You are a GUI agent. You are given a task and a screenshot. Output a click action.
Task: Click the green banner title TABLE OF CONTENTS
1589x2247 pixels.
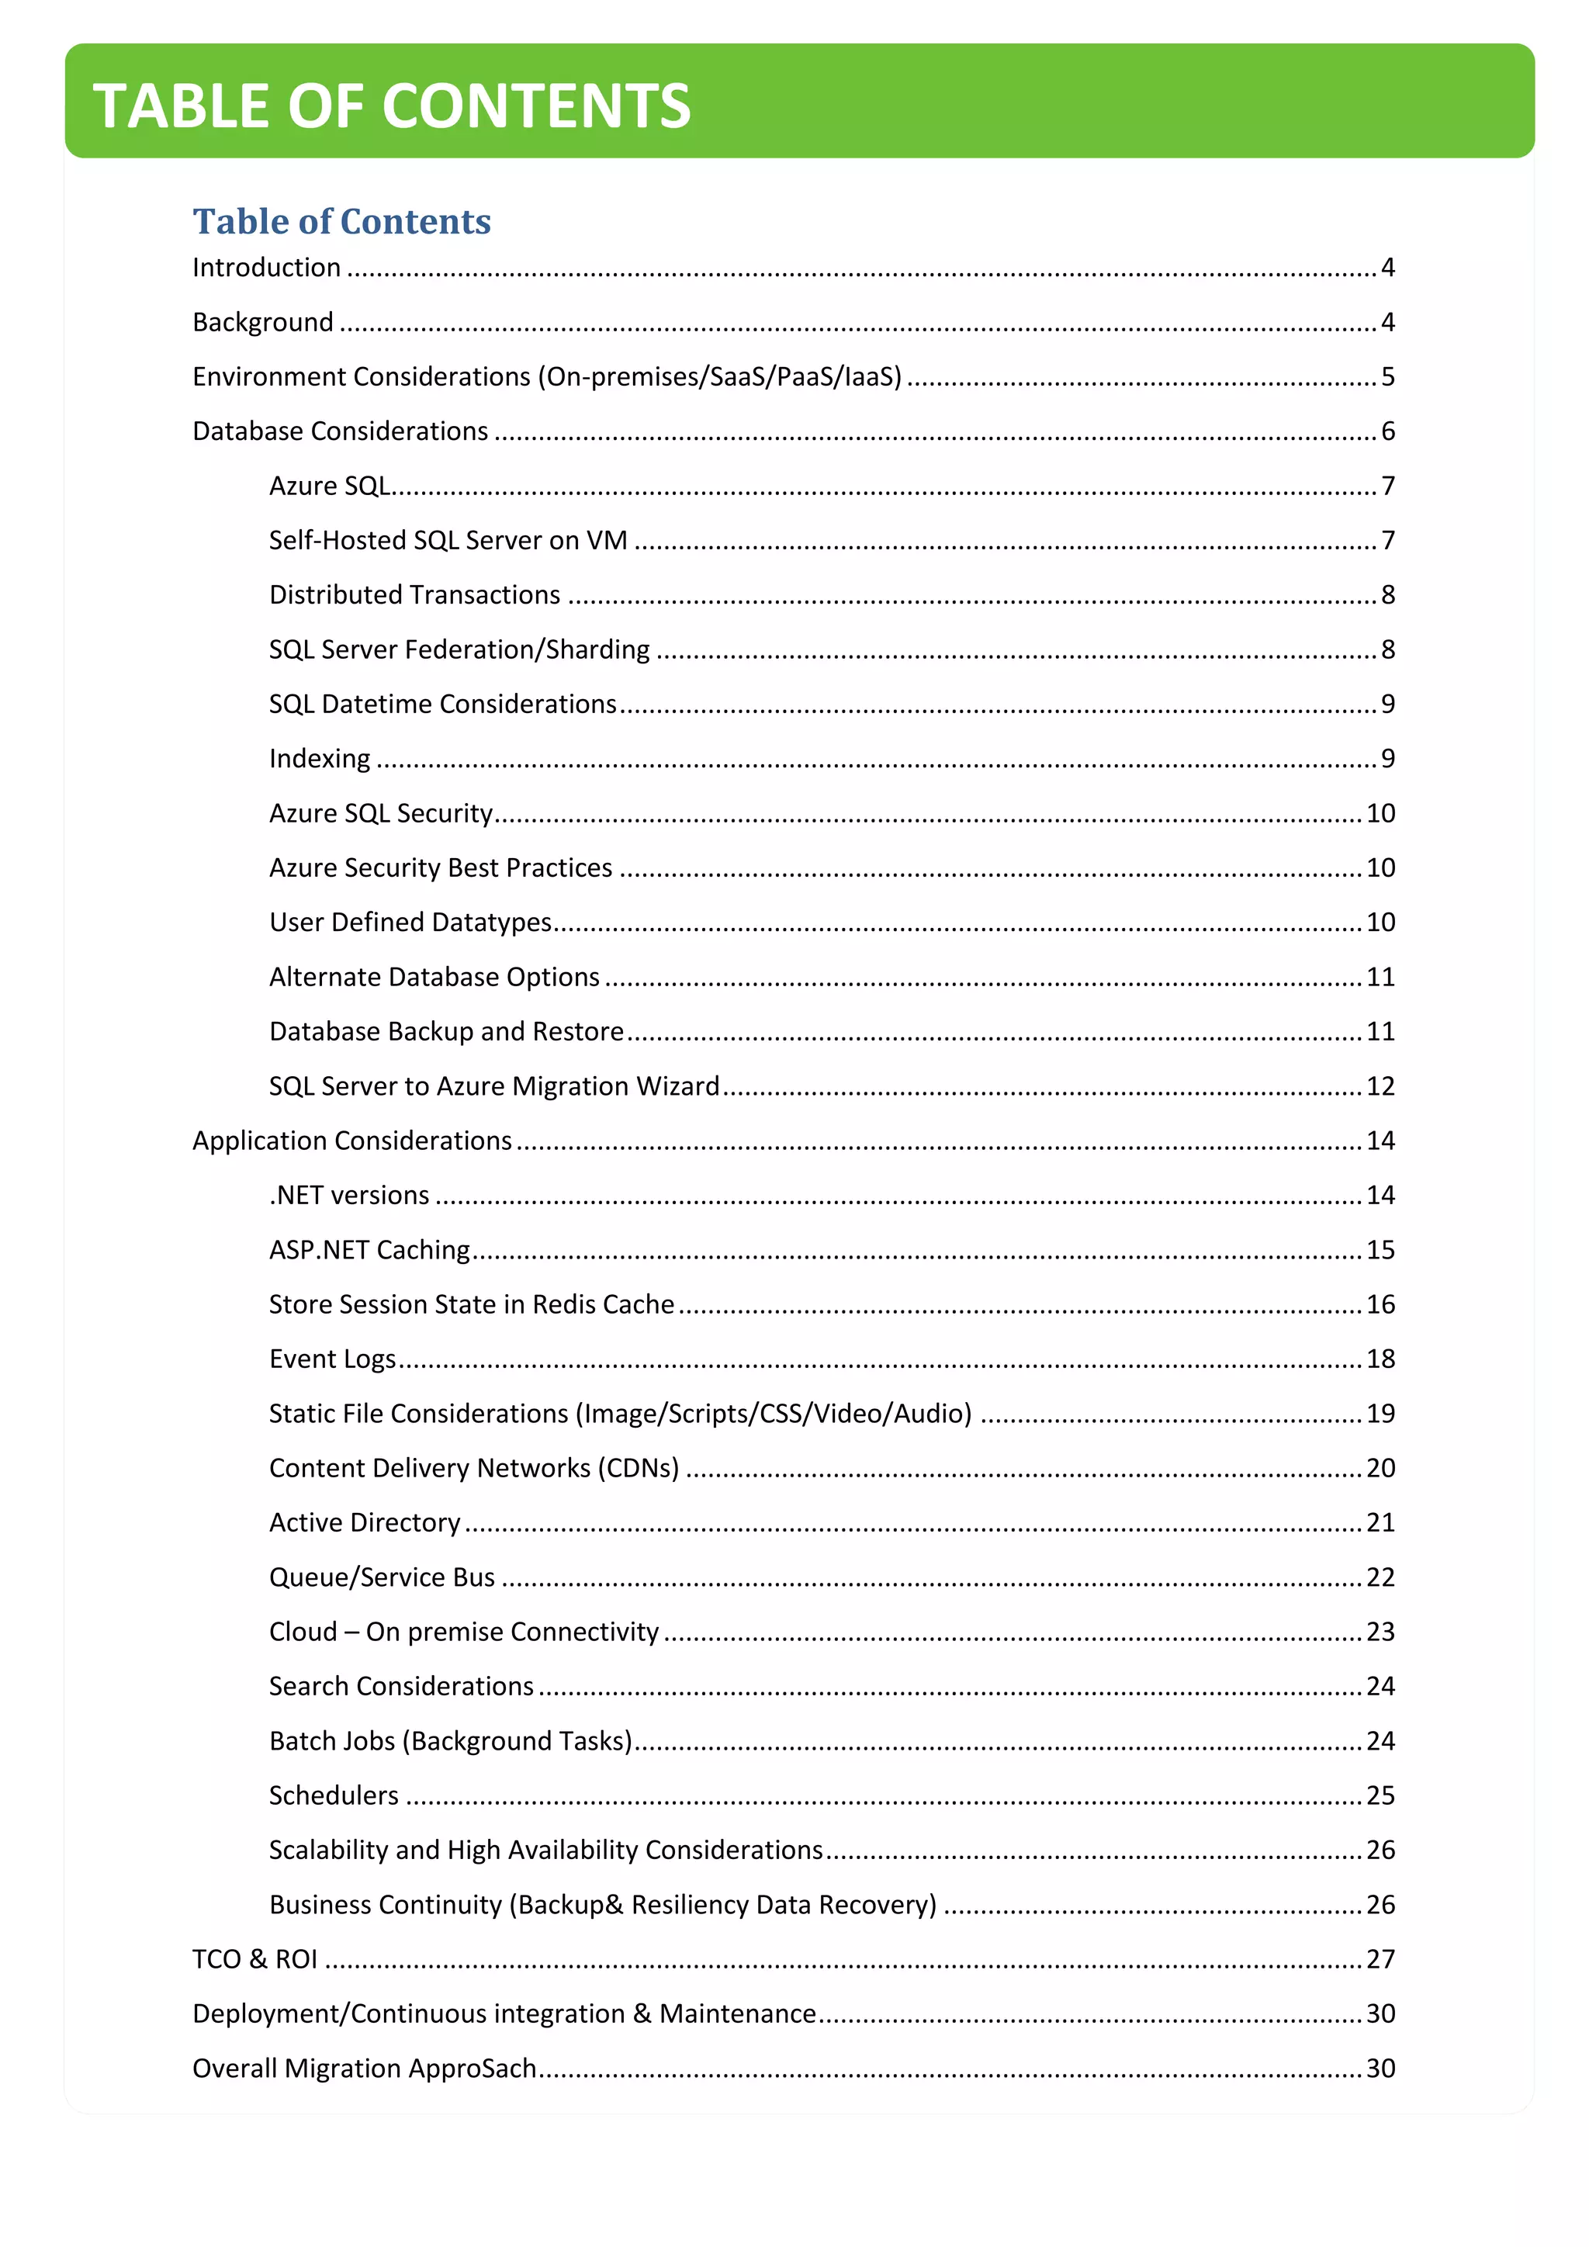[391, 106]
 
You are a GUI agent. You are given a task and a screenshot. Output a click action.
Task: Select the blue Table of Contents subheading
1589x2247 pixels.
[341, 221]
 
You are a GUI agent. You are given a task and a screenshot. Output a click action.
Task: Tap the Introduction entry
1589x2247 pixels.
[266, 267]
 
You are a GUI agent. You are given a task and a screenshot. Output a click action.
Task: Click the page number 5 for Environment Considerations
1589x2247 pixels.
[1387, 377]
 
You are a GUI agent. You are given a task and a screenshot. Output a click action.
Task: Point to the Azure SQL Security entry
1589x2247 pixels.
[381, 813]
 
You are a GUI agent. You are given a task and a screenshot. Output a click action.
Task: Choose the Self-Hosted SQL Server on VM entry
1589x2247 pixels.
[448, 540]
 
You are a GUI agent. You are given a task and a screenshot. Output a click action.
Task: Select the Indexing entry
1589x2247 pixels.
[320, 759]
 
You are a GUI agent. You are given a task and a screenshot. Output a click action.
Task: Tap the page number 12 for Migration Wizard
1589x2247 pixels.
[1380, 1086]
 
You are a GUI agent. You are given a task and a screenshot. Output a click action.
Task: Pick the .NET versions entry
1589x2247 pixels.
[349, 1195]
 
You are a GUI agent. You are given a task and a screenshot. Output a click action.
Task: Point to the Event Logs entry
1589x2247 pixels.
[333, 1359]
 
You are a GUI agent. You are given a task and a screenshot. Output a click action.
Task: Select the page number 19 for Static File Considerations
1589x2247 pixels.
[1380, 1413]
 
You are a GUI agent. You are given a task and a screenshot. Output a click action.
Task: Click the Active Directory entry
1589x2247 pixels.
[364, 1523]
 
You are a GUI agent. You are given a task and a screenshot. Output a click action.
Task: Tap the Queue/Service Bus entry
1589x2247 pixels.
[382, 1577]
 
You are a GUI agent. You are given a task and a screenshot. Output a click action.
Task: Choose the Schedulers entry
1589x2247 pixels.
[334, 1796]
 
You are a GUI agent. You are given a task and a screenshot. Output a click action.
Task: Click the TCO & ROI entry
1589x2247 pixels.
[254, 1959]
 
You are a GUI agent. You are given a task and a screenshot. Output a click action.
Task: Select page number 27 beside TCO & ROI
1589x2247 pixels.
[1380, 1959]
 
